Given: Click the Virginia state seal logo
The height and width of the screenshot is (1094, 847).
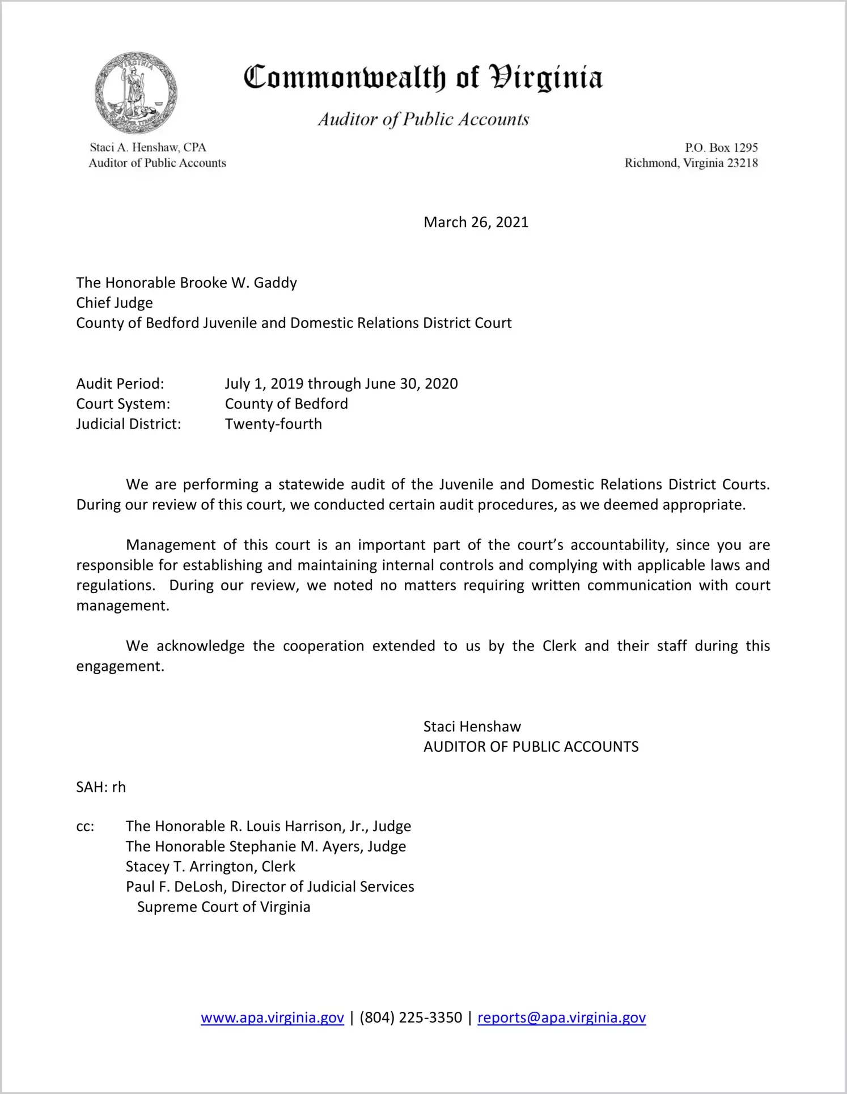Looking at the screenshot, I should point(135,93).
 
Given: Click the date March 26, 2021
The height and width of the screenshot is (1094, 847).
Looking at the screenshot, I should point(476,222).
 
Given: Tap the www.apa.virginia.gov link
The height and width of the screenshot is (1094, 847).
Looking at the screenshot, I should point(272,1018).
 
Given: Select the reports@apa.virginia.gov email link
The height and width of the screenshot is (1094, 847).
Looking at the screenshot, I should point(561,1018).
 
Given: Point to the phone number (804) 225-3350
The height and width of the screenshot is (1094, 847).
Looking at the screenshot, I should point(410,1018).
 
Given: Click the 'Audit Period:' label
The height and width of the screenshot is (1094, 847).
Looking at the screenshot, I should point(120,384).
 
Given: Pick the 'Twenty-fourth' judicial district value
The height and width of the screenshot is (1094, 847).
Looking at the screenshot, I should point(273,424).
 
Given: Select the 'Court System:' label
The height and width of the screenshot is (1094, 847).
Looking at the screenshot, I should point(123,404).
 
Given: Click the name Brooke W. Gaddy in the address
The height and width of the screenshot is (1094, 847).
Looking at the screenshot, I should point(238,283).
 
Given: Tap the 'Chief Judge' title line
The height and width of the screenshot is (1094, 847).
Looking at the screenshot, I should point(115,303).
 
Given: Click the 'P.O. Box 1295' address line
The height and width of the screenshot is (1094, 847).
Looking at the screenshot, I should point(721,148).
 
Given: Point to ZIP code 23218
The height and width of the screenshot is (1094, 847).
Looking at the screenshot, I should point(742,163).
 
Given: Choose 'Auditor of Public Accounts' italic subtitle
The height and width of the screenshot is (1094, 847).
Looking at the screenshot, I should point(423,120).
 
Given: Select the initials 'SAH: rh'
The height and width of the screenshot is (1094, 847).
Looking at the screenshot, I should point(101,787).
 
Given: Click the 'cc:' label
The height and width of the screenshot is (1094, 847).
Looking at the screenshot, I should point(85,827).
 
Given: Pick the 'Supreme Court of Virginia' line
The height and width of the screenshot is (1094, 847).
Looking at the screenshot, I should point(223,907).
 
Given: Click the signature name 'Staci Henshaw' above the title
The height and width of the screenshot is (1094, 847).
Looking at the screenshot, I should point(472,727).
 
